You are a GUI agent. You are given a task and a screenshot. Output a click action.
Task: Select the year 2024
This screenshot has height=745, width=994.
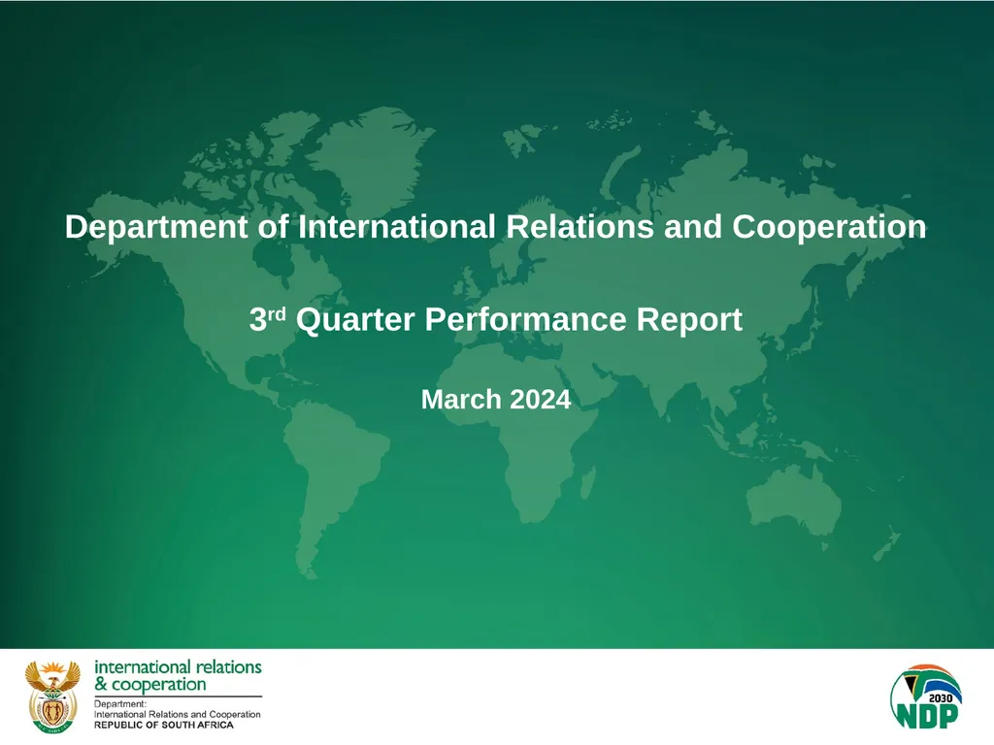tap(540, 399)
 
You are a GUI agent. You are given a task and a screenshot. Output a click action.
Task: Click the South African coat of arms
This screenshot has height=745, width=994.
tap(51, 696)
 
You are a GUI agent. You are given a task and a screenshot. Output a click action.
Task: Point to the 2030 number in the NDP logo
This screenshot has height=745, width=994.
tap(941, 696)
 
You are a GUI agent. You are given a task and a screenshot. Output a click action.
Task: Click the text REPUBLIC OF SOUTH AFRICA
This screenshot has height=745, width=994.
tap(163, 725)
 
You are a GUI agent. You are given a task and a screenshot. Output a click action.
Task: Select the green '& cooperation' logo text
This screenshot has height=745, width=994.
tap(149, 684)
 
